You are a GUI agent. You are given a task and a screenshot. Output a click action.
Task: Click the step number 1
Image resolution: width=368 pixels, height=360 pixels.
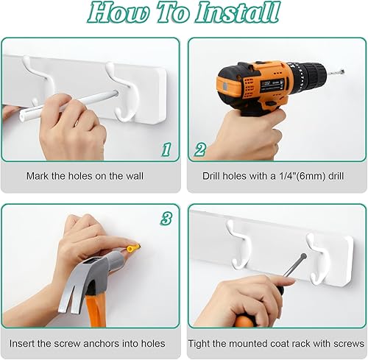pyautogui.click(x=166, y=150)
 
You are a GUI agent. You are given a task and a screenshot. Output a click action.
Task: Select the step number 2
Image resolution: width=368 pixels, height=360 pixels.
pyautogui.click(x=200, y=150)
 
